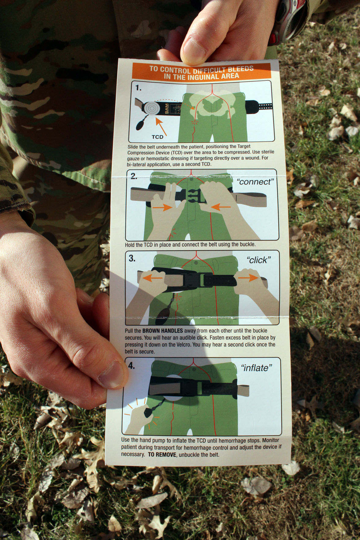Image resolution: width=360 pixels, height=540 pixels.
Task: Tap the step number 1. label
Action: coord(138,88)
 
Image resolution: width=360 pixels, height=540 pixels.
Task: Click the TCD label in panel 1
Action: coord(157,137)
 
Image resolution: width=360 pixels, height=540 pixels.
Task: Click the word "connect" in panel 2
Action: coord(255,182)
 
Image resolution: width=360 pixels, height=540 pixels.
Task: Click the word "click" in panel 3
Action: coord(259,260)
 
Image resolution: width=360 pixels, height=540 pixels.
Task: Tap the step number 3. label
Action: coord(132,258)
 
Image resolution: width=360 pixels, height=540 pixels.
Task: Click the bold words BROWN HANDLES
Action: coord(162,331)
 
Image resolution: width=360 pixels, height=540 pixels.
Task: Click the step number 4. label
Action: coord(131,366)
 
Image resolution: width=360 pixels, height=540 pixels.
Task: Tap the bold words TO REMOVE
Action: coord(162,454)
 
